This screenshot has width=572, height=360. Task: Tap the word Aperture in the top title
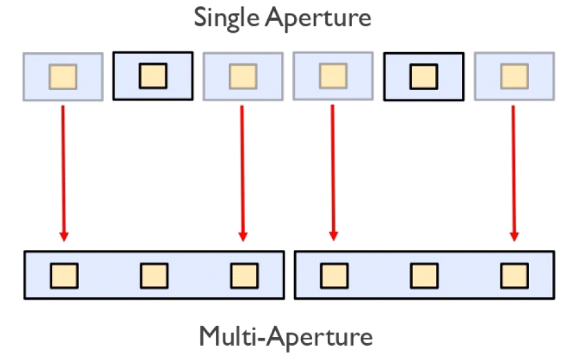(x=318, y=19)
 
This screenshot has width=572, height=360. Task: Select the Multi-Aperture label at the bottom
(x=286, y=336)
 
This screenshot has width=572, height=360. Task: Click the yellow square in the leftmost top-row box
(x=63, y=76)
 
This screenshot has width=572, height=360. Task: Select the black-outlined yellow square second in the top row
(x=153, y=76)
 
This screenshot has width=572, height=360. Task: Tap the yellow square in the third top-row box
(x=242, y=76)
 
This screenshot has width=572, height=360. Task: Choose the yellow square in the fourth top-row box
(x=333, y=76)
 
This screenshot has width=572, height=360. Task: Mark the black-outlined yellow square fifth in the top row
(x=423, y=76)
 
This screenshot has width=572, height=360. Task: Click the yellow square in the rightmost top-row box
(x=514, y=76)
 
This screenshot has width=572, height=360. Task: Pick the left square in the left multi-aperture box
(x=63, y=275)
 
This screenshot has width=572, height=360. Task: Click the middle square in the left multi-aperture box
(x=154, y=275)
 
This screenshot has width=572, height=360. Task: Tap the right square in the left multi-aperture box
(x=244, y=275)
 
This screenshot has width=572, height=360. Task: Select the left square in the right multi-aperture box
(x=334, y=275)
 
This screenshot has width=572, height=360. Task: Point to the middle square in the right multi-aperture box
(x=424, y=275)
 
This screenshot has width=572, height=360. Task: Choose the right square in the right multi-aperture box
(x=514, y=275)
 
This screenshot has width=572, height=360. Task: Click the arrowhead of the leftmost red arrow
(x=63, y=236)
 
